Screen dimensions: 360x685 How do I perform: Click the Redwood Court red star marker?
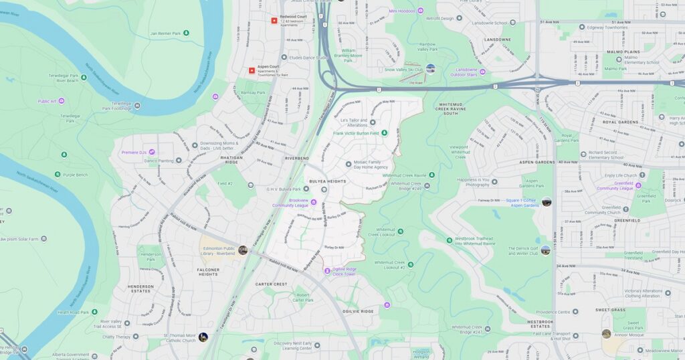pos(274,21)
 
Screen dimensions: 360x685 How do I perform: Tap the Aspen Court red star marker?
pos(252,70)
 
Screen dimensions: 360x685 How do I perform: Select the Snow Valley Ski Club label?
pos(403,69)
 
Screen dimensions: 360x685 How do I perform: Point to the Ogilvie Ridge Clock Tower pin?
pos(327,270)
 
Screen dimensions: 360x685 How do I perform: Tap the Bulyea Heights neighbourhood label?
pos(327,181)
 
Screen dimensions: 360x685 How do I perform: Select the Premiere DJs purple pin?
pos(153,153)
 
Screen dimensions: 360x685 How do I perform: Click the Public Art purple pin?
pos(62,101)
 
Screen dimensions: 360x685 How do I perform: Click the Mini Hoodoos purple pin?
pos(420,11)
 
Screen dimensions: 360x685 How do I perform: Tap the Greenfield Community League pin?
pos(638,185)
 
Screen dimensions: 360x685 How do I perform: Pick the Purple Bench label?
pos(75,175)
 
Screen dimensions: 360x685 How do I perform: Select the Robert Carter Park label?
pos(303,297)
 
